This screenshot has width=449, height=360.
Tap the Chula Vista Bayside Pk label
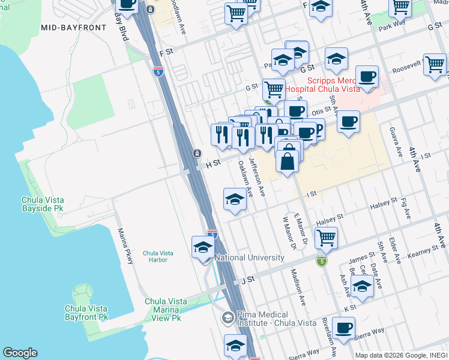tap(42, 204)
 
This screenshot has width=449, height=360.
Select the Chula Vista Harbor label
tap(158, 256)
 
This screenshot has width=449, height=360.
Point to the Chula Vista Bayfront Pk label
tap(86, 312)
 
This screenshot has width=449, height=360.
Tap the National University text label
tap(249, 257)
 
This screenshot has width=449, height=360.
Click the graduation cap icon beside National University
tap(203, 247)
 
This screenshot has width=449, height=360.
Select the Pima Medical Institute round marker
tap(228, 316)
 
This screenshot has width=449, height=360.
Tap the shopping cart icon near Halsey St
tap(326, 237)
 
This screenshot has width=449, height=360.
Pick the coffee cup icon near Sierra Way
tap(343, 328)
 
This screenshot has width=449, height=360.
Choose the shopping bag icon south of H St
tap(288, 161)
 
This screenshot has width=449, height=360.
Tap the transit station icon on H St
tap(196, 154)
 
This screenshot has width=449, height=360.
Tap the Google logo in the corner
tap(20, 353)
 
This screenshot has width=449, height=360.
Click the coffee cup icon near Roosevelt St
tap(367, 76)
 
